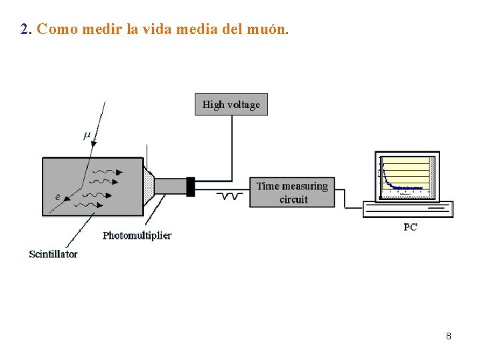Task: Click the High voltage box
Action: [x=231, y=105]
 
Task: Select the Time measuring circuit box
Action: [x=292, y=192]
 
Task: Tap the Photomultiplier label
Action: [x=137, y=235]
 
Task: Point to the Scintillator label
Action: [x=53, y=254]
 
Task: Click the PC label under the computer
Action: [x=411, y=227]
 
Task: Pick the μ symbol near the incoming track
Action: [x=87, y=135]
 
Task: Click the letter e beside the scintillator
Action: [x=58, y=197]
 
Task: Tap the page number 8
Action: [x=449, y=336]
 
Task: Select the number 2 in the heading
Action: [x=25, y=30]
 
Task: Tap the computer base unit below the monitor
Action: [x=408, y=209]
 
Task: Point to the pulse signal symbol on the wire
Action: [x=231, y=196]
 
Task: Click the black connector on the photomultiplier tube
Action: [x=191, y=187]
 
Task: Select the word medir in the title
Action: [x=99, y=30]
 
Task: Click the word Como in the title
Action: [x=58, y=30]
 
